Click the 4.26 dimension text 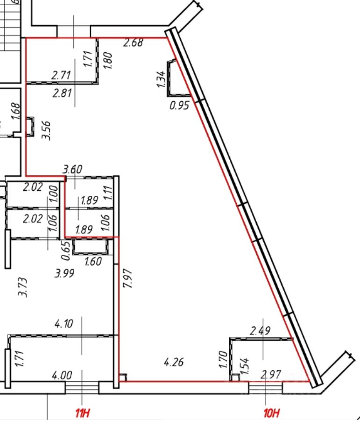(174, 361)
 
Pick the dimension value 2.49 (260, 331)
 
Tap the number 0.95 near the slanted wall (179, 106)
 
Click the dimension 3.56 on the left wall (46, 130)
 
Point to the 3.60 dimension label (72, 169)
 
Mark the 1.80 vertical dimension (107, 60)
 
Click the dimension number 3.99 (64, 274)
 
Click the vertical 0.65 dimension (66, 250)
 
